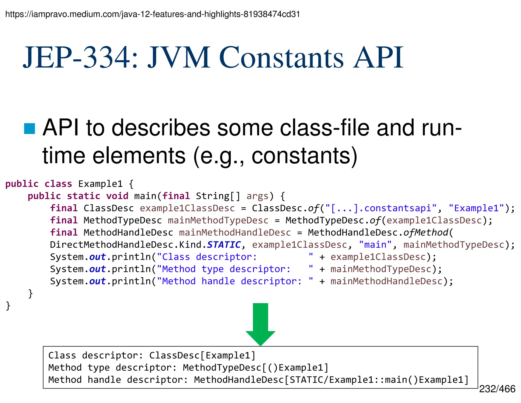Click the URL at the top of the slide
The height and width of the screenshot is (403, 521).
click(153, 14)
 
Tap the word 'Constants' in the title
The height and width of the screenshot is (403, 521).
click(281, 58)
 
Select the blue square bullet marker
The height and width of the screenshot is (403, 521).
click(30, 128)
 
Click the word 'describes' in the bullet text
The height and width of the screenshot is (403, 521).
click(161, 128)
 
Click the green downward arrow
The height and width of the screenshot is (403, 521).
click(260, 324)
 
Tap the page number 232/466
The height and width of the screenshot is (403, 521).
click(497, 389)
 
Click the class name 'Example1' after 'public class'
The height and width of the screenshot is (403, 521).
click(100, 184)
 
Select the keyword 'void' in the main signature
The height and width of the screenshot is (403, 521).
click(117, 196)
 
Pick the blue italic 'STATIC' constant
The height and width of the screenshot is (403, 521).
click(224, 245)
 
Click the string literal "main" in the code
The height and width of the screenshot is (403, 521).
click(375, 245)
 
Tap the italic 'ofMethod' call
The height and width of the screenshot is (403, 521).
click(426, 233)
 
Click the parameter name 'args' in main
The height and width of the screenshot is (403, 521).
click(257, 196)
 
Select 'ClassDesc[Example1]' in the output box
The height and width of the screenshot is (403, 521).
click(202, 355)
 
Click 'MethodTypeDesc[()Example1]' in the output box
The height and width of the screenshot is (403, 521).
click(256, 368)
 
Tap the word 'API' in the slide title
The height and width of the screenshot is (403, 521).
click(378, 58)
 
